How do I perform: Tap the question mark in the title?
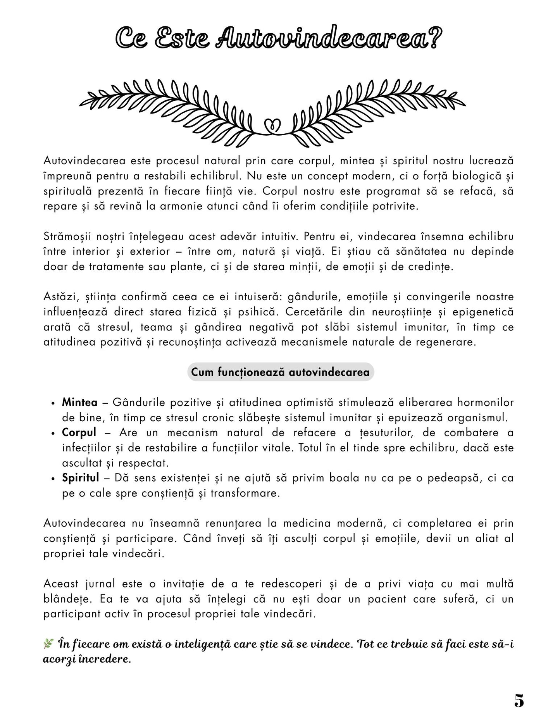pyautogui.click(x=435, y=39)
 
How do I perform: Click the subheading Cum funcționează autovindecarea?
pyautogui.click(x=280, y=372)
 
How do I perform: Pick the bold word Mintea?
pyautogui.click(x=79, y=402)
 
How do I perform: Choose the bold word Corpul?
pyautogui.click(x=79, y=432)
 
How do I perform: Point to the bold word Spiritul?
pyautogui.click(x=81, y=478)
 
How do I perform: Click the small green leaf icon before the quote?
pyautogui.click(x=48, y=644)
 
